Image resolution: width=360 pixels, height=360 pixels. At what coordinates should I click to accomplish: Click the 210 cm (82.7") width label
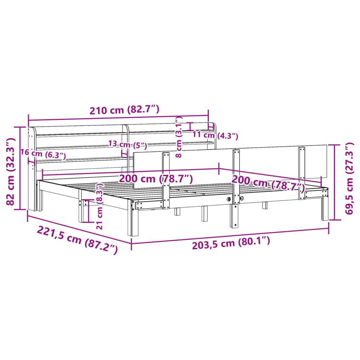tap(124, 110)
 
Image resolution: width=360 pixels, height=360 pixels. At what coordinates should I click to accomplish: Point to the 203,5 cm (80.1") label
tap(231, 242)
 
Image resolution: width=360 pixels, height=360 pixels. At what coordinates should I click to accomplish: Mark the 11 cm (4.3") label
tap(215, 135)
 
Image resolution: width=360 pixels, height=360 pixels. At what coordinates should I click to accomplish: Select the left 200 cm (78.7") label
tap(155, 179)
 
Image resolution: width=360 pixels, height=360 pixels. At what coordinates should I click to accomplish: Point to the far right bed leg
tap(325, 209)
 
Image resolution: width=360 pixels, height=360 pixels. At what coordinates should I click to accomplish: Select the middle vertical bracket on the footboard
tap(236, 176)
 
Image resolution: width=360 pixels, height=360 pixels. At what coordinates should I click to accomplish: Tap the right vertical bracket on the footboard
tap(302, 172)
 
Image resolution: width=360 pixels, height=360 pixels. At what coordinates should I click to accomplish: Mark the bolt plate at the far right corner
tap(316, 193)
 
